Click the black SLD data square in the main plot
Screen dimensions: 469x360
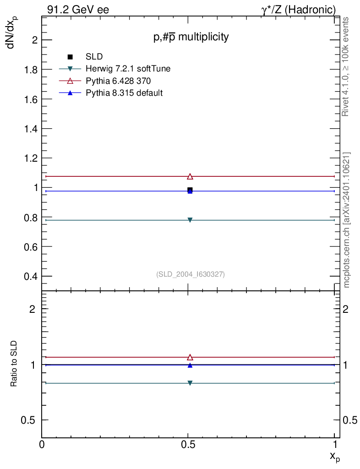pos(190,190)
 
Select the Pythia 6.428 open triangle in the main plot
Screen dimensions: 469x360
pos(190,176)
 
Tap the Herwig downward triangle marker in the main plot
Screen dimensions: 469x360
pos(190,220)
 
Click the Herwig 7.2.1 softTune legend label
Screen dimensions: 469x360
pos(128,69)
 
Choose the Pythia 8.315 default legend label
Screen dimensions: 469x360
pos(125,93)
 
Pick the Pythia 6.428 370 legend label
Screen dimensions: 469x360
pos(119,81)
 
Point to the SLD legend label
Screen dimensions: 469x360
pos(94,57)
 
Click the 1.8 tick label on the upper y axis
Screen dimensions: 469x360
pos(29,70)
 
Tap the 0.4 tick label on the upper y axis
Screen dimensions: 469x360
pos(29,276)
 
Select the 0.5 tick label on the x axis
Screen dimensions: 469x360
pos(188,444)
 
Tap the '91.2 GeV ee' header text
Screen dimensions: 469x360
pos(78,10)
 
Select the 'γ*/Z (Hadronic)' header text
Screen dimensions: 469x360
pos(298,10)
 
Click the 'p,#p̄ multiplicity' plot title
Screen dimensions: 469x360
pos(191,38)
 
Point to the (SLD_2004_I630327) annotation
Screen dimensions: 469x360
pos(191,274)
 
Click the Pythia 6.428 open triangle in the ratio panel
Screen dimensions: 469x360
pos(190,357)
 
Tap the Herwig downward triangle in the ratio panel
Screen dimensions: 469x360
pos(190,383)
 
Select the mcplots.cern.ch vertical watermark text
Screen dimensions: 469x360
pos(347,220)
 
